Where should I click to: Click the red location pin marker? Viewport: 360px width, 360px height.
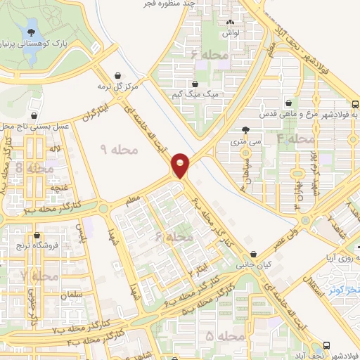click(x=181, y=165)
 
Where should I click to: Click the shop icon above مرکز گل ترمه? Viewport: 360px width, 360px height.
click(x=116, y=76)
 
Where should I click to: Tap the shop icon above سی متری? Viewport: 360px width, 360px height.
click(x=245, y=130)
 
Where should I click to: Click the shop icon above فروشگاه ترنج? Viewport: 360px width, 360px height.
click(x=36, y=236)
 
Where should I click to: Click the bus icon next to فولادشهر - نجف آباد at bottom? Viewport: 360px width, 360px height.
click(x=326, y=345)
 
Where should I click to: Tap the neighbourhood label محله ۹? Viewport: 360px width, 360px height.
click(x=113, y=149)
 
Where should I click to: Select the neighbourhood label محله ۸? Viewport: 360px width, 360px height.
click(x=34, y=168)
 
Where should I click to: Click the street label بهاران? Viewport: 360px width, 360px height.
click(x=299, y=190)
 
